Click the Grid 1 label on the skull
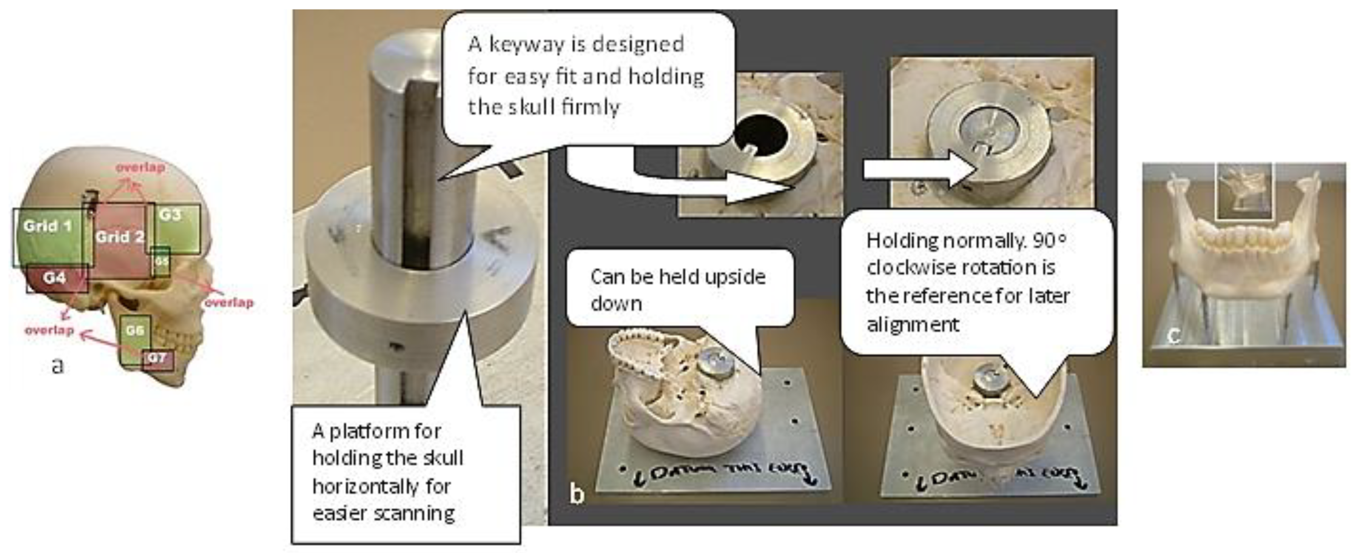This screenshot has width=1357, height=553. (47, 226)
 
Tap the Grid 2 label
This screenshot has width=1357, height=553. (119, 237)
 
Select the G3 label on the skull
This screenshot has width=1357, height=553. (170, 215)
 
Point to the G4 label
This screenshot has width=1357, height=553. (54, 277)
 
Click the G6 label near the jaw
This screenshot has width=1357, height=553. (135, 330)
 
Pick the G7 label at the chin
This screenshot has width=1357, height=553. (156, 358)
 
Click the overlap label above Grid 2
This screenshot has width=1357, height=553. (140, 167)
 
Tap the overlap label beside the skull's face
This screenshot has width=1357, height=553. (229, 303)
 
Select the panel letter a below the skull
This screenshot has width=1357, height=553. (57, 365)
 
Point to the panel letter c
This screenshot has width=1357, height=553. (1173, 335)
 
